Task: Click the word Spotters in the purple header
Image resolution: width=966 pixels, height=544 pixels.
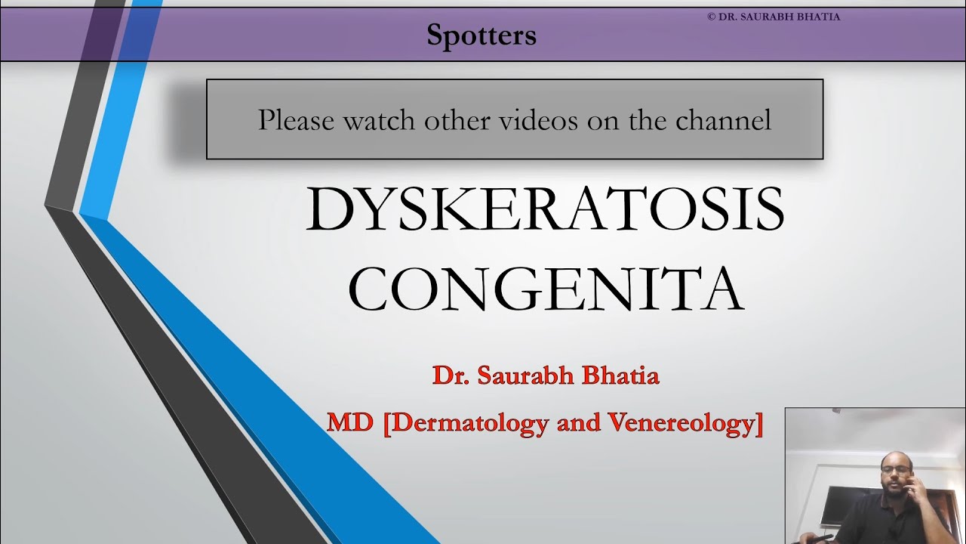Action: [x=481, y=35]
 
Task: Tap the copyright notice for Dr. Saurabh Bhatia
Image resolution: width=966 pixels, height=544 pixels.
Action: [x=773, y=17]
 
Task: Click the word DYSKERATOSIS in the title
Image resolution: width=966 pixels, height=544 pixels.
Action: [x=545, y=209]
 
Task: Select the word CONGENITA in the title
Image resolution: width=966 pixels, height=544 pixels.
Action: [x=545, y=289]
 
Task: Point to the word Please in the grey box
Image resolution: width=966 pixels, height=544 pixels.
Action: [x=295, y=120]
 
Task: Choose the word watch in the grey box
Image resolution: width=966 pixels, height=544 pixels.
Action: [x=377, y=120]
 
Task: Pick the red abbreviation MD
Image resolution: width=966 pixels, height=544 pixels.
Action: [x=349, y=422]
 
